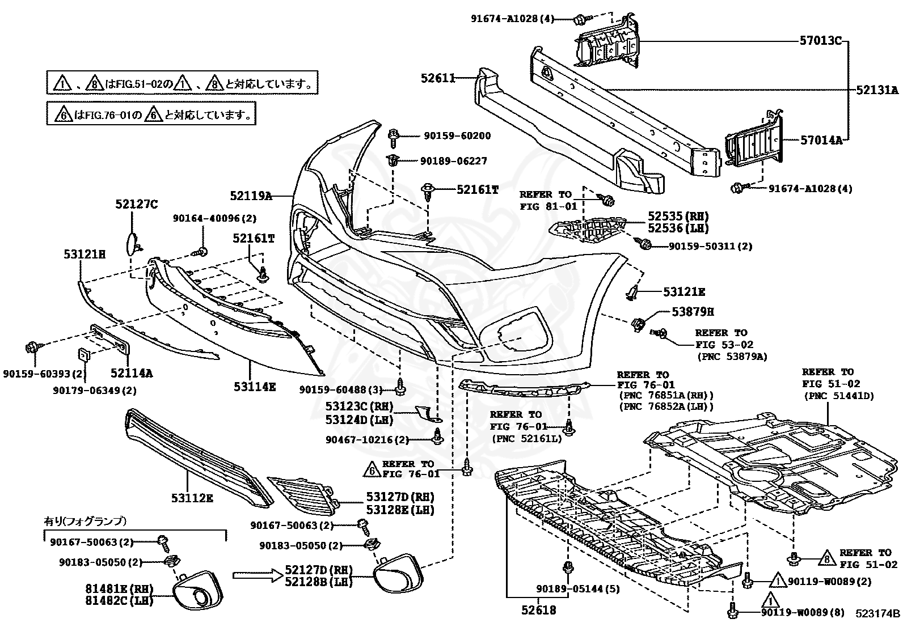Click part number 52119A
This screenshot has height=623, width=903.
251,196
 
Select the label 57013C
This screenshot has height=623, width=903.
821,41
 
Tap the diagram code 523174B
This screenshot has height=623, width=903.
877,613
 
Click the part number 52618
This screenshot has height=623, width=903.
539,611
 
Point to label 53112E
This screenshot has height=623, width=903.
192,498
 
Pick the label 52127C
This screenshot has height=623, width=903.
137,204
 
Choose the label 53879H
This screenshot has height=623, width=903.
693,312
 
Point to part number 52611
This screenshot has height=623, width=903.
438,78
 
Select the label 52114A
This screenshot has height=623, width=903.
132,373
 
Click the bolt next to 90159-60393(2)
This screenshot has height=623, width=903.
32,347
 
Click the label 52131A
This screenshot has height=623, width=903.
877,90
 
